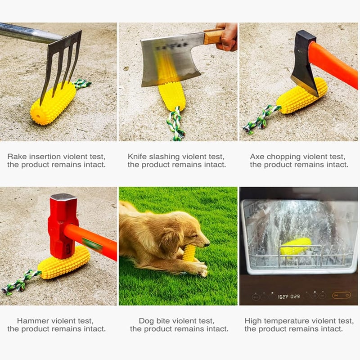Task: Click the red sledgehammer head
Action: point(63,225)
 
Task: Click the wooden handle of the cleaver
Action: point(213,36)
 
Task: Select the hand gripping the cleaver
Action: point(227,37)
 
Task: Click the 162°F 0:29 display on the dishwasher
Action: point(289,297)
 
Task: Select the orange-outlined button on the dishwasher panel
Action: point(342,295)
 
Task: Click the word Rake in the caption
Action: point(17,157)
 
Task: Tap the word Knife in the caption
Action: point(138,157)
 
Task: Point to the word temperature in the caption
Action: point(285,321)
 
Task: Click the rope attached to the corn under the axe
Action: point(262,119)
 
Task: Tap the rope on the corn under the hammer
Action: point(21,282)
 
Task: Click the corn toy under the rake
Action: point(53,103)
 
